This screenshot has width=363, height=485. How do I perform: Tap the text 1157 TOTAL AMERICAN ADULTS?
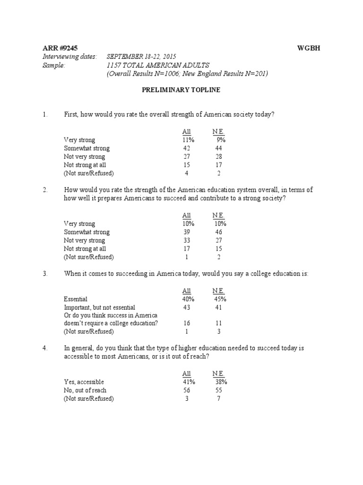tap(158, 65)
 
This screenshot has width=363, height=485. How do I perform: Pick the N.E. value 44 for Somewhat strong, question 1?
tap(218, 148)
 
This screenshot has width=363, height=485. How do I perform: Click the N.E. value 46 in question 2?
tap(218, 232)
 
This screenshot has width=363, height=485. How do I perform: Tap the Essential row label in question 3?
tap(76, 299)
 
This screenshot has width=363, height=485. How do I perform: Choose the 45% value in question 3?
tap(219, 299)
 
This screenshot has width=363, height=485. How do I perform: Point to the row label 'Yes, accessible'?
tap(84, 382)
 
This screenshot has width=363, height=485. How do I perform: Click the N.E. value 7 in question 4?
tap(218, 398)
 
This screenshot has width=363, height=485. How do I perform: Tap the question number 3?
tap(45, 274)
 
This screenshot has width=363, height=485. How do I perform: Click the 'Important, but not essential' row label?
tap(99, 307)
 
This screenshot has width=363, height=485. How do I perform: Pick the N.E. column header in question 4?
tap(218, 374)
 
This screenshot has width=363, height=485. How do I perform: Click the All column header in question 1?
tap(187, 132)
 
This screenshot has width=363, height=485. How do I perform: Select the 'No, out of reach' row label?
tap(85, 390)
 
